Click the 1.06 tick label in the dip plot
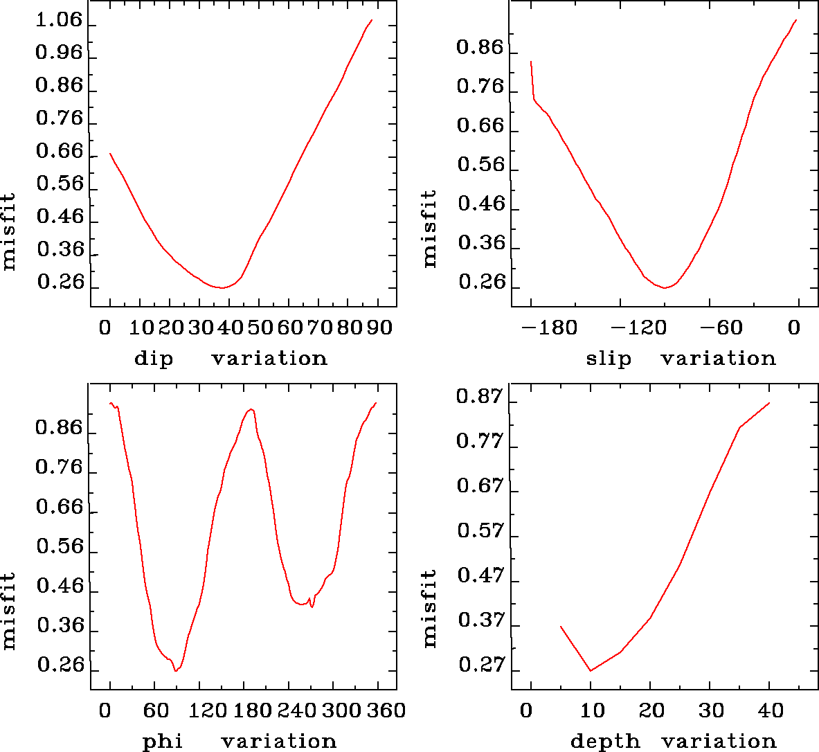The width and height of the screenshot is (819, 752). (x=59, y=21)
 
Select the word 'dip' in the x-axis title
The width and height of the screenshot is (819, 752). (x=154, y=359)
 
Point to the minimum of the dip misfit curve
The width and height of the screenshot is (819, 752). (x=222, y=287)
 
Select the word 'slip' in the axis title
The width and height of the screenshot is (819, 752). (x=609, y=359)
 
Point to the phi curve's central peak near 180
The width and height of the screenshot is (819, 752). (x=251, y=409)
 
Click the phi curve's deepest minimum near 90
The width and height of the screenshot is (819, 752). (x=176, y=670)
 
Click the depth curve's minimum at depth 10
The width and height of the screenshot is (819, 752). (x=591, y=670)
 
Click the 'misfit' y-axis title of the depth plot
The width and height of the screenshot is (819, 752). (x=430, y=608)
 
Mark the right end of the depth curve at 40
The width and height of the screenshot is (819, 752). (x=769, y=403)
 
